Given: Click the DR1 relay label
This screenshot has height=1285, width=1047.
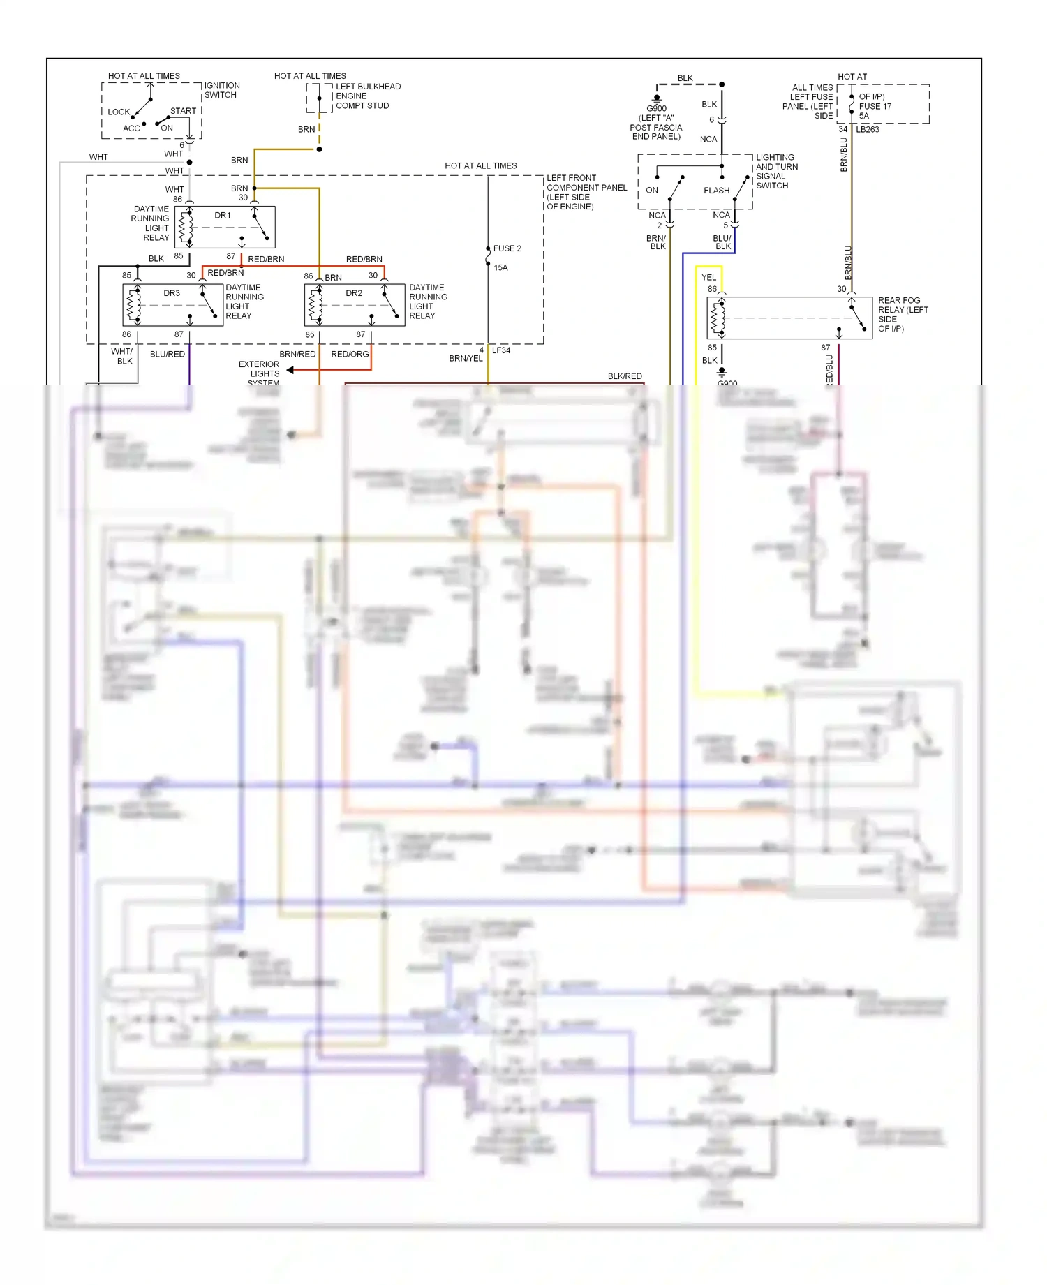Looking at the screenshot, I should click(223, 216).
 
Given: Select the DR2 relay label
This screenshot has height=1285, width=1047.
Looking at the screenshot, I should click(354, 293).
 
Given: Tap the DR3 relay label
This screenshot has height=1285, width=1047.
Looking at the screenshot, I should click(172, 293).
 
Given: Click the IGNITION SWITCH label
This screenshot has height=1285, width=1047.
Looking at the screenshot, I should click(221, 90).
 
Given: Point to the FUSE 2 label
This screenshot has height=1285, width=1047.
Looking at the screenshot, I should click(507, 248).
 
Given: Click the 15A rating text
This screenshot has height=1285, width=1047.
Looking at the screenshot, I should click(500, 268).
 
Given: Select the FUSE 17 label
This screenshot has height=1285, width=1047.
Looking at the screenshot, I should click(875, 107).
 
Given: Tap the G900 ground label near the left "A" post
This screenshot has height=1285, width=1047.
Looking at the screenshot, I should click(656, 109).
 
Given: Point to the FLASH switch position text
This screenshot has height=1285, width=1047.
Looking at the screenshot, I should click(716, 191).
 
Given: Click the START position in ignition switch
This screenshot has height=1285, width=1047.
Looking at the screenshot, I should click(183, 111).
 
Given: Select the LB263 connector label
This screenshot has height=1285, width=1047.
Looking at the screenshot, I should click(868, 130).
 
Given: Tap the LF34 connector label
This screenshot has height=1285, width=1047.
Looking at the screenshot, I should click(501, 350).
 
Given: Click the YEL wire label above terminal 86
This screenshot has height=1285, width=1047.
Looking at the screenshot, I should click(708, 278).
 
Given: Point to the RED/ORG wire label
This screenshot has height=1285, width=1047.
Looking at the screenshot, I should click(350, 355).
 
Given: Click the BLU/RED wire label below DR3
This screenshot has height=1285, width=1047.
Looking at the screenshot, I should click(168, 355).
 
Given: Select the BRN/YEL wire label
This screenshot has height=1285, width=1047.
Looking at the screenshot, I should click(466, 359).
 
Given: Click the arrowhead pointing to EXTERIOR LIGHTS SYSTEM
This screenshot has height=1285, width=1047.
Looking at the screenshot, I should click(290, 370).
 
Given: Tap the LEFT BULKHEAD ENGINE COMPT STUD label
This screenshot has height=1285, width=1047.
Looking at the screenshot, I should click(368, 96).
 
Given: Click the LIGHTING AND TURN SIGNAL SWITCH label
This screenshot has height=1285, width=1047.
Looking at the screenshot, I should click(776, 172).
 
